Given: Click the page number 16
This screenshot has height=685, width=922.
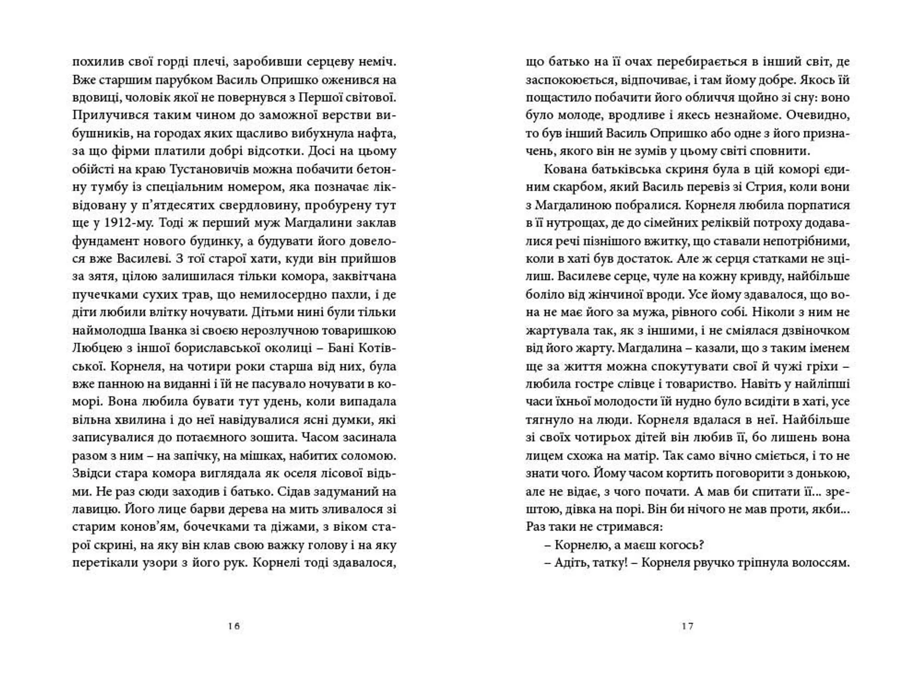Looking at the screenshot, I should pos(234,626).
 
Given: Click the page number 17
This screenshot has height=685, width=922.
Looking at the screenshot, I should pos(687,626).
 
